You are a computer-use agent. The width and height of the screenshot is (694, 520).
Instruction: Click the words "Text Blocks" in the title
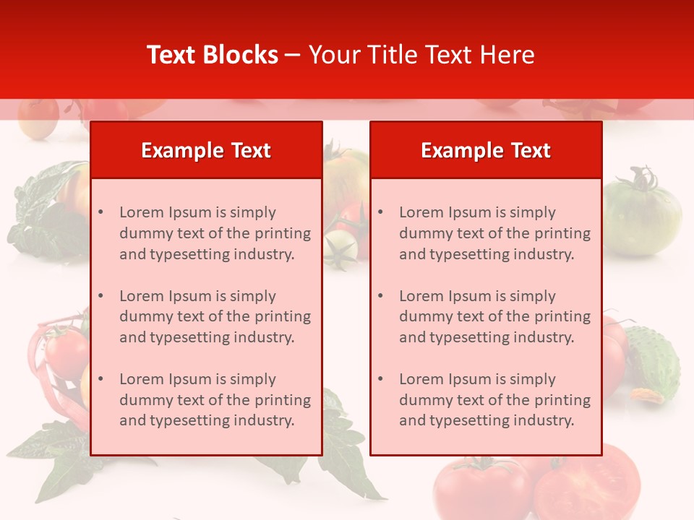tap(213, 55)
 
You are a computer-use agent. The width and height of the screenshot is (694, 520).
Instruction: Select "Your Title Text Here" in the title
tap(421, 55)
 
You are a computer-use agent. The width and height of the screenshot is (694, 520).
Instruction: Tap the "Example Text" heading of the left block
tap(206, 150)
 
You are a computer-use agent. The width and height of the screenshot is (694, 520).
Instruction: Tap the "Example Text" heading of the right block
tap(486, 150)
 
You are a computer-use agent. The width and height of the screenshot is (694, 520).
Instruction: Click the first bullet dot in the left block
tap(100, 212)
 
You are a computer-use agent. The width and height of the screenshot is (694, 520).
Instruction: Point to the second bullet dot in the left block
tap(100, 296)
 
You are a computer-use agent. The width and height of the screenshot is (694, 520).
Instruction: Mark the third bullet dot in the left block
tap(100, 379)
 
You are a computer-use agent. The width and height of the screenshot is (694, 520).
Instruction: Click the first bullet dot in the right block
tap(380, 212)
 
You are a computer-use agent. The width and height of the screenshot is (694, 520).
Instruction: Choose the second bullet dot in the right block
tap(380, 296)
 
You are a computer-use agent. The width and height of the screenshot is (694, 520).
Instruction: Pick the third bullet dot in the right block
tap(380, 379)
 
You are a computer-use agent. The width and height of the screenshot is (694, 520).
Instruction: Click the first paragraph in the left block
tap(215, 233)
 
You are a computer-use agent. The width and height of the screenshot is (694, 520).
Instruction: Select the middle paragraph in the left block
tap(215, 316)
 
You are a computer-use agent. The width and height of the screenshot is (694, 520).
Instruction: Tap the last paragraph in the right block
tap(494, 400)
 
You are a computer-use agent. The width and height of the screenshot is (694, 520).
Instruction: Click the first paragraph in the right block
tap(494, 233)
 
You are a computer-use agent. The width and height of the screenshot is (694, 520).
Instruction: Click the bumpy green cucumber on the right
tap(652, 361)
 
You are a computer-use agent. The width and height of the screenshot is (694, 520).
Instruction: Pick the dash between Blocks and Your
tap(293, 55)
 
